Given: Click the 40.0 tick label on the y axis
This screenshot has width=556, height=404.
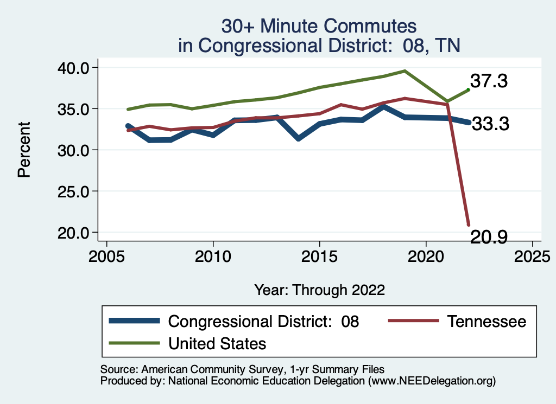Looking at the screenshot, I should point(74,68).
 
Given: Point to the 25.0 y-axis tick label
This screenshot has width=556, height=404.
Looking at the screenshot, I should point(74,191).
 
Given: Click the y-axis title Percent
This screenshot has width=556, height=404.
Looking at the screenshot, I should point(23,150).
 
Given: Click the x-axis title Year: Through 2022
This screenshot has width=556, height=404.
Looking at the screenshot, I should point(319,290).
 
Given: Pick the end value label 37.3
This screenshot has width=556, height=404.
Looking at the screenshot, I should point(489,81).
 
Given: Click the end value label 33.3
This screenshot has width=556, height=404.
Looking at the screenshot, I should point(490,124).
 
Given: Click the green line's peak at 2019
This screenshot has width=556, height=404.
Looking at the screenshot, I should point(405,70).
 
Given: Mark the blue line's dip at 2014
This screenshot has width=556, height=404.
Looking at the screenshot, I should point(298,139).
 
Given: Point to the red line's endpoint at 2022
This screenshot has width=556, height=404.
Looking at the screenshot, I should point(468,225).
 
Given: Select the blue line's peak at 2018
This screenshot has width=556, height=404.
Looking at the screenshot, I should point(383,107).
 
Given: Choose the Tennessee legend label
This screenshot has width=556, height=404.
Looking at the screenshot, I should point(486,322).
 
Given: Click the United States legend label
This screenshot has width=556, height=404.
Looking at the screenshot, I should point(217,343).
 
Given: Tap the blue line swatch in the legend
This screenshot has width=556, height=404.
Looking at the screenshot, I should point(134,321).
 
